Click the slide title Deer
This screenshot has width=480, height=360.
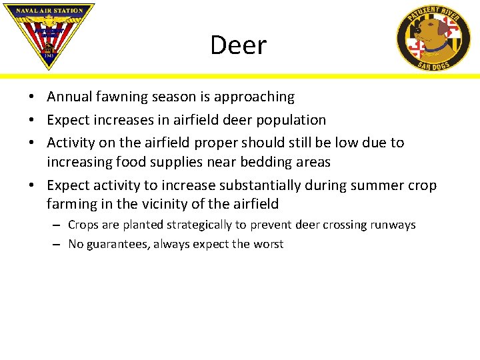click(238, 45)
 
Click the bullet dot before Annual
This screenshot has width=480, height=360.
click(31, 97)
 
